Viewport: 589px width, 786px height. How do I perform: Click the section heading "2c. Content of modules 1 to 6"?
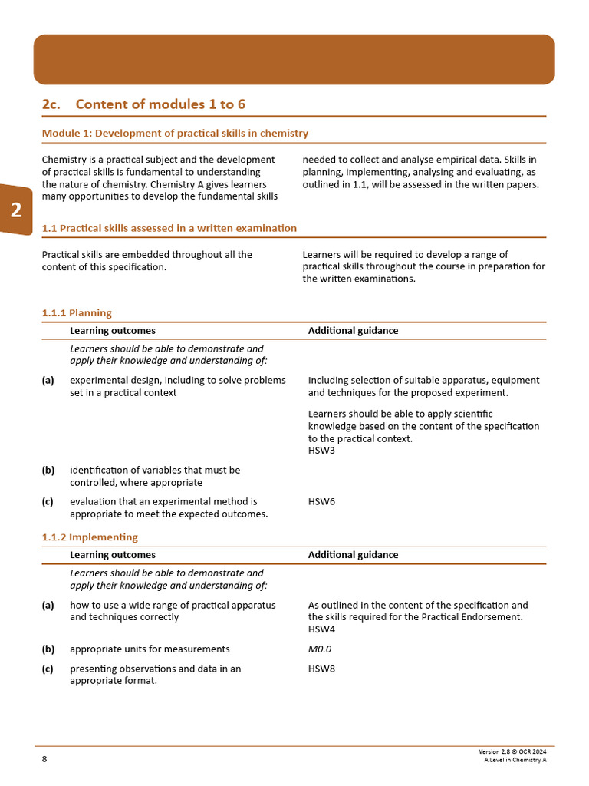point(144,104)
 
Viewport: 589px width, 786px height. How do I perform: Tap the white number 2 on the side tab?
point(16,211)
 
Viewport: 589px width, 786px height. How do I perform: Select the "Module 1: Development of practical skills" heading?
point(175,134)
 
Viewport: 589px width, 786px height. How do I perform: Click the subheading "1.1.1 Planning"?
point(77,313)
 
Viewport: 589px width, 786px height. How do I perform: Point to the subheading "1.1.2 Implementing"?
point(90,537)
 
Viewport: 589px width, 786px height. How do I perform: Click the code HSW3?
point(321,451)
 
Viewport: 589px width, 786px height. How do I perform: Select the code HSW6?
point(321,502)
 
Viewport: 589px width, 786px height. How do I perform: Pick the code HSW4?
point(321,629)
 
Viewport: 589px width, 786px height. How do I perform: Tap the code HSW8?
point(321,669)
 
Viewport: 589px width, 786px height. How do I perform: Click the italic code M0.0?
point(320,649)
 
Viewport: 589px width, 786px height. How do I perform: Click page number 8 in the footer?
point(44,759)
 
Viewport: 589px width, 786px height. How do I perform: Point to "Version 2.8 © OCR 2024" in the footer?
point(512,751)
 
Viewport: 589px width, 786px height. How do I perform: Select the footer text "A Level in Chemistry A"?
point(515,760)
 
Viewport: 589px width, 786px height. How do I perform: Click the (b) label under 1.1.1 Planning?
point(48,470)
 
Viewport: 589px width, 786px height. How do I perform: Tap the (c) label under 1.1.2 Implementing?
point(48,669)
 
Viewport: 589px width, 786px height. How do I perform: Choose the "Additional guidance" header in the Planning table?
point(353,331)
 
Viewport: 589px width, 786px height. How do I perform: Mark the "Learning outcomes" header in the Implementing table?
point(113,555)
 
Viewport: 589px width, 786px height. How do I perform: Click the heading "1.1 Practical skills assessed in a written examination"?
point(169,228)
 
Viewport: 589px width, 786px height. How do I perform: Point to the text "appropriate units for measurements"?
point(150,649)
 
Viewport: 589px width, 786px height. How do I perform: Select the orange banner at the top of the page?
point(294,59)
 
